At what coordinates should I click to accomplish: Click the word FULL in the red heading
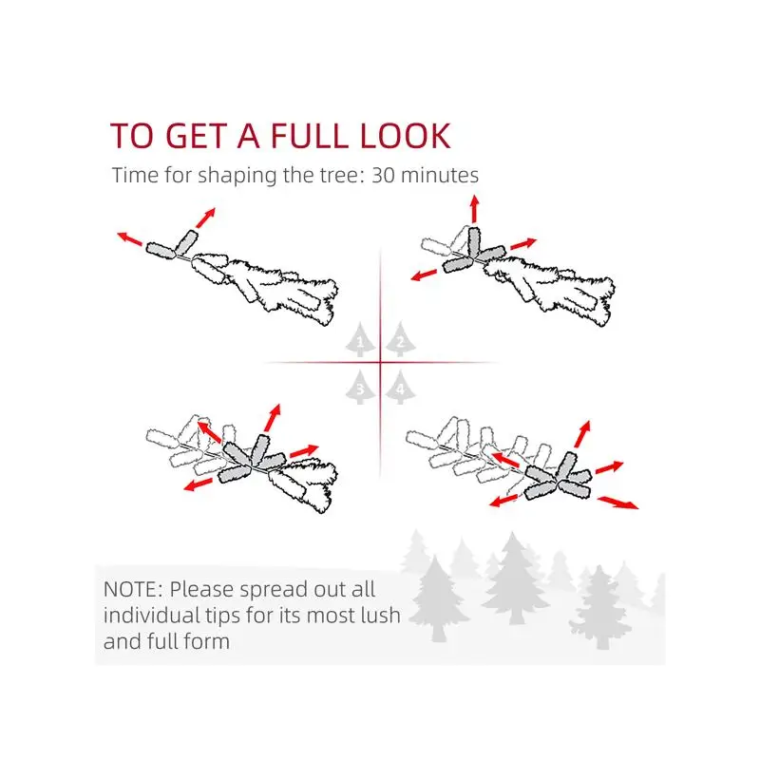310,136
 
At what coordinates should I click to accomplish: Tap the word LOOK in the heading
406,136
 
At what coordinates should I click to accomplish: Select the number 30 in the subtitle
384,175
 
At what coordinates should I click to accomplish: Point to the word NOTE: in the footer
133,589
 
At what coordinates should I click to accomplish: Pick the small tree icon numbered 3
360,387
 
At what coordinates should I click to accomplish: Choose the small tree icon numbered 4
400,387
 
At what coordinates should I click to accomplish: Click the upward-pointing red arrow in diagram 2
474,209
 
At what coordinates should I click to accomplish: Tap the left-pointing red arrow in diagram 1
130,238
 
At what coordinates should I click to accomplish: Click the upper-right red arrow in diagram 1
205,218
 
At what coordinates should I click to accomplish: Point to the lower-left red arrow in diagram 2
424,275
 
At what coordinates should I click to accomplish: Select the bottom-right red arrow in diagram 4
618,503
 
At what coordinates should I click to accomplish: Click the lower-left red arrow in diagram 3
198,484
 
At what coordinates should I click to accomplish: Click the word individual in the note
151,615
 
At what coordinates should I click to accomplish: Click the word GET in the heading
197,136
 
